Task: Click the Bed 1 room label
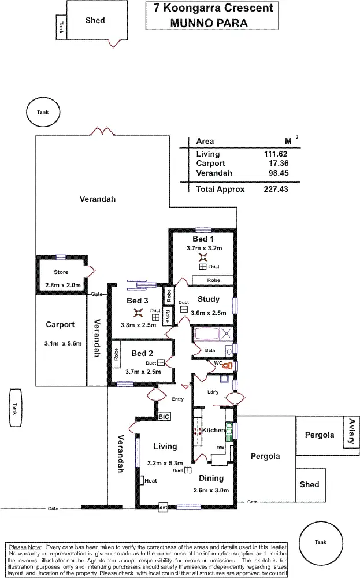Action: coord(203,239)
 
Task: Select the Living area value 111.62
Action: coord(276,154)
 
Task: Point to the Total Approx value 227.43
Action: coord(274,189)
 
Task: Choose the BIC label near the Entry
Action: coord(164,417)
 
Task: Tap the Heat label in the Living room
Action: coord(151,480)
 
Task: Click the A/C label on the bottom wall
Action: coord(164,507)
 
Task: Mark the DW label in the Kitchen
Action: coord(220,447)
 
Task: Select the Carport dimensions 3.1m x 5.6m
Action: coord(62,343)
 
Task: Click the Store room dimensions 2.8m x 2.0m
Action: coord(62,285)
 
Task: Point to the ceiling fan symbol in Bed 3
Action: coord(138,313)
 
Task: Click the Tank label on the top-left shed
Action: coord(61,28)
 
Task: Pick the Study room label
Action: coord(209,299)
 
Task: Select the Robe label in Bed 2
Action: coord(116,354)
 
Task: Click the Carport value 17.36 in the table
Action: coord(276,164)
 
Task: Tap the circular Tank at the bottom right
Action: coord(320,542)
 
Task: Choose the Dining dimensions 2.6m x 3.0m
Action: coord(211,490)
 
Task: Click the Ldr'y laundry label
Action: coord(213,392)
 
